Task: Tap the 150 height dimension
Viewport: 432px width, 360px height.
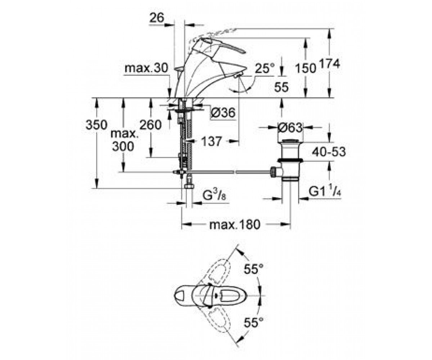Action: point(306,68)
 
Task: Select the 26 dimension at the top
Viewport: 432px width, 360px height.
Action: point(157,18)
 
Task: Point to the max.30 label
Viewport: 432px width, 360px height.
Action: point(146,68)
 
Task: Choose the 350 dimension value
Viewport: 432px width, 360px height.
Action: point(96,125)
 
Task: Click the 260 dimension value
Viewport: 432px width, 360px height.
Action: point(150,125)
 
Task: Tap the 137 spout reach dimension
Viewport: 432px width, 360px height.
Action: point(211,141)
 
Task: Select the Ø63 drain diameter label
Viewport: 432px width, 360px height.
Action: point(290,128)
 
